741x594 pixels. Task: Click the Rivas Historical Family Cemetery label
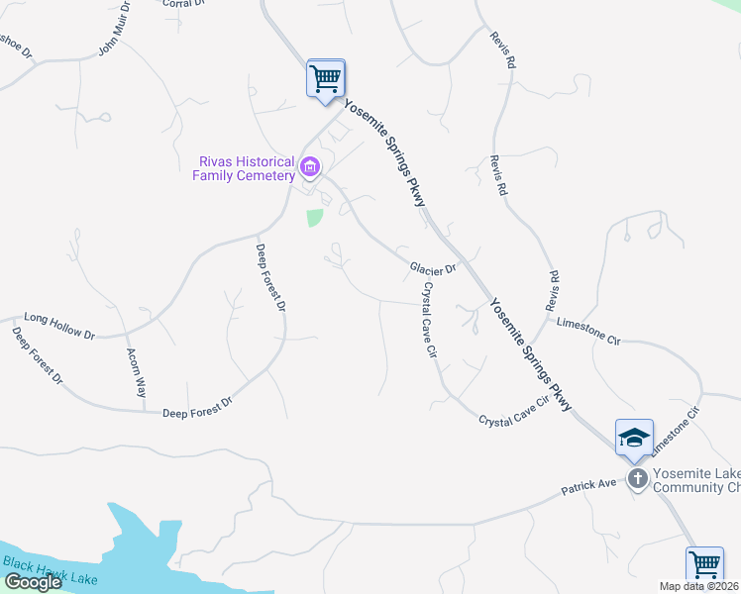pyautogui.click(x=245, y=168)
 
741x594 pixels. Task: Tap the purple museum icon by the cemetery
pyautogui.click(x=310, y=168)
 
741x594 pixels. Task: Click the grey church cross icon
pyautogui.click(x=638, y=479)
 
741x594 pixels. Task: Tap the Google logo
pyautogui.click(x=33, y=582)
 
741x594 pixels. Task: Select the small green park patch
pyautogui.click(x=315, y=217)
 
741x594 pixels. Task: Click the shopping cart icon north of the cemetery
pyautogui.click(x=326, y=77)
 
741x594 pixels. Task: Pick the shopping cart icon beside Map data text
pyautogui.click(x=704, y=564)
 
